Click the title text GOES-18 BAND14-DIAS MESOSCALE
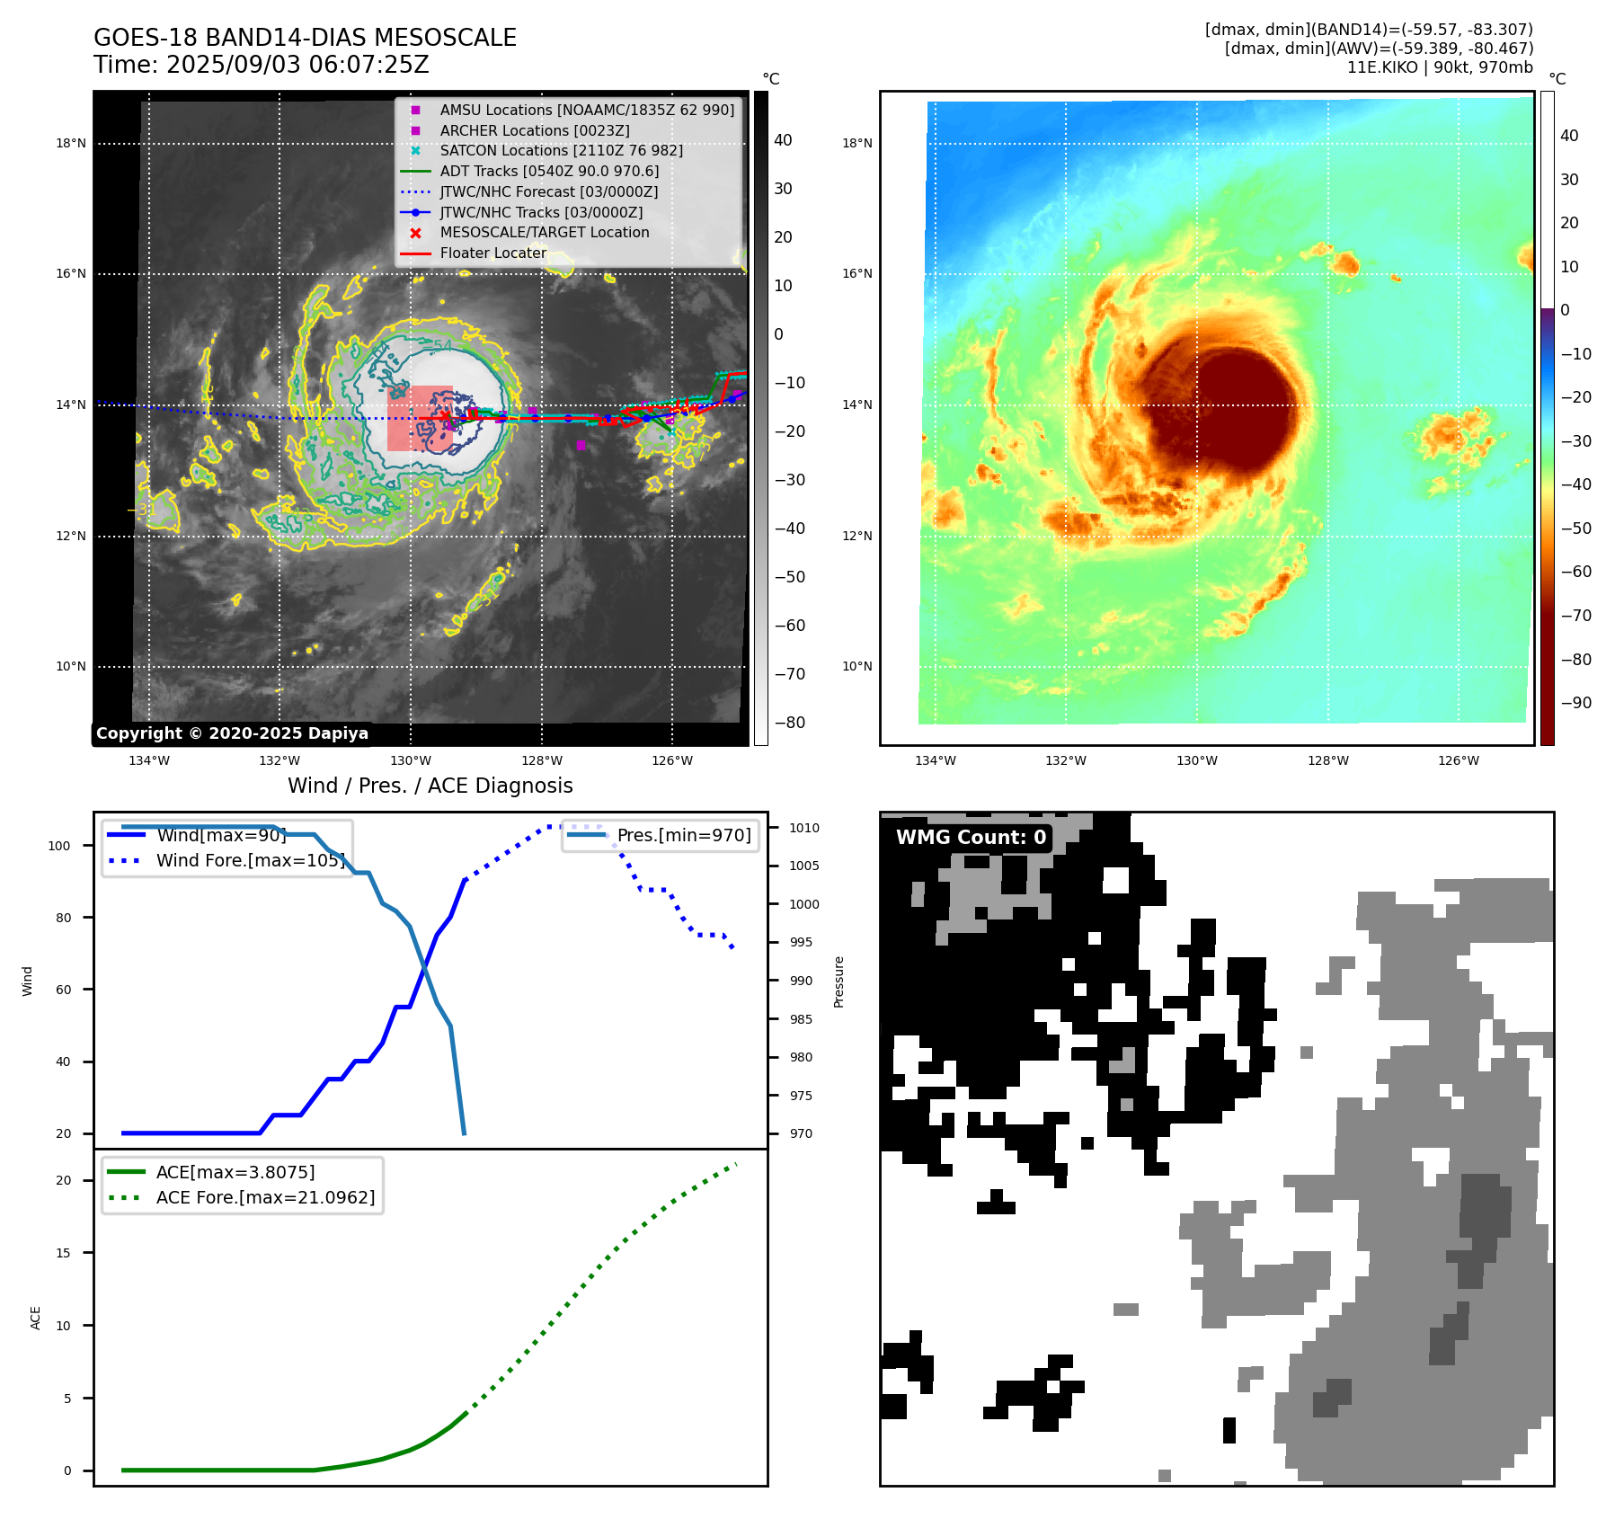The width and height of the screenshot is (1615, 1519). [305, 38]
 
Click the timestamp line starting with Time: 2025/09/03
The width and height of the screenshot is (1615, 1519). [261, 65]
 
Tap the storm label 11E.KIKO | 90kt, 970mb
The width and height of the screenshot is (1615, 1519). [1440, 67]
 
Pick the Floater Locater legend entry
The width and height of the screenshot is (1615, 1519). [492, 253]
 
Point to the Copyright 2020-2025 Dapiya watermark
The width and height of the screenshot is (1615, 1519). [232, 733]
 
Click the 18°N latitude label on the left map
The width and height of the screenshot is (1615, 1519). [71, 143]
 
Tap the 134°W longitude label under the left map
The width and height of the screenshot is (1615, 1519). [149, 760]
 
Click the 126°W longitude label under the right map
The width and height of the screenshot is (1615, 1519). [1458, 760]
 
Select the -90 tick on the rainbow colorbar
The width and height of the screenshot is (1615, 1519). [1575, 703]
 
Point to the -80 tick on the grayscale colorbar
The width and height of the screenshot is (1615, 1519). [790, 723]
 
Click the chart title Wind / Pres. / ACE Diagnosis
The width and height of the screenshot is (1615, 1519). [430, 786]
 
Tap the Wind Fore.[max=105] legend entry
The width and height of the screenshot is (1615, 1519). [249, 860]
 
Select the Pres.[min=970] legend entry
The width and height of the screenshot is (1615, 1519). [683, 835]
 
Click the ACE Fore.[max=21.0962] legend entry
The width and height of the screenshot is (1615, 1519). [265, 1197]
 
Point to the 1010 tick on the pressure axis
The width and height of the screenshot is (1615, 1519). [804, 828]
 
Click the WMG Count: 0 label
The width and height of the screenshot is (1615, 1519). [971, 837]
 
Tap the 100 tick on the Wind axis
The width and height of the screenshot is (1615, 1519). [59, 846]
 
